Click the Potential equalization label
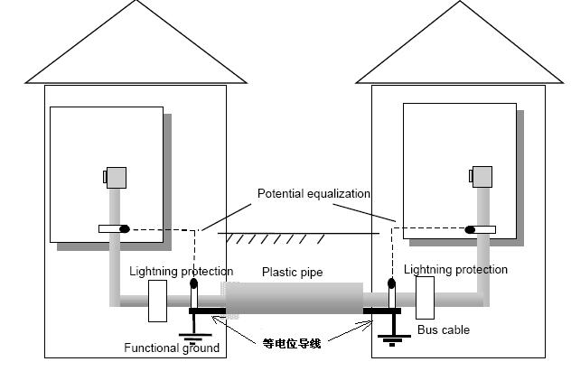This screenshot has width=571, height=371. tap(314, 194)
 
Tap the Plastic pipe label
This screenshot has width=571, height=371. tap(292, 272)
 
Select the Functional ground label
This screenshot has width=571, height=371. tap(172, 348)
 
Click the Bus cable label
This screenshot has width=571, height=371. tap(443, 330)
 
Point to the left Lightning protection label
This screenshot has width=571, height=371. tap(181, 272)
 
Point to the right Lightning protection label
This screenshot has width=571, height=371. tap(455, 270)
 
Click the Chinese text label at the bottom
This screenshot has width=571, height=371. tap(292, 343)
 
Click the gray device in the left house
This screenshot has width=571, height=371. tap(116, 177)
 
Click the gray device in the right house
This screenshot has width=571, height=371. tap(481, 177)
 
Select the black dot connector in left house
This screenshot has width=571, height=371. tap(125, 228)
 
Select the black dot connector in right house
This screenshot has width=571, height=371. tap(470, 229)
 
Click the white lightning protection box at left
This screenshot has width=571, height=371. tap(156, 301)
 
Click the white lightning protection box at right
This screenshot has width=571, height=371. tap(425, 297)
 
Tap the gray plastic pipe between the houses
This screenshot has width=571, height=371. tap(294, 299)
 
